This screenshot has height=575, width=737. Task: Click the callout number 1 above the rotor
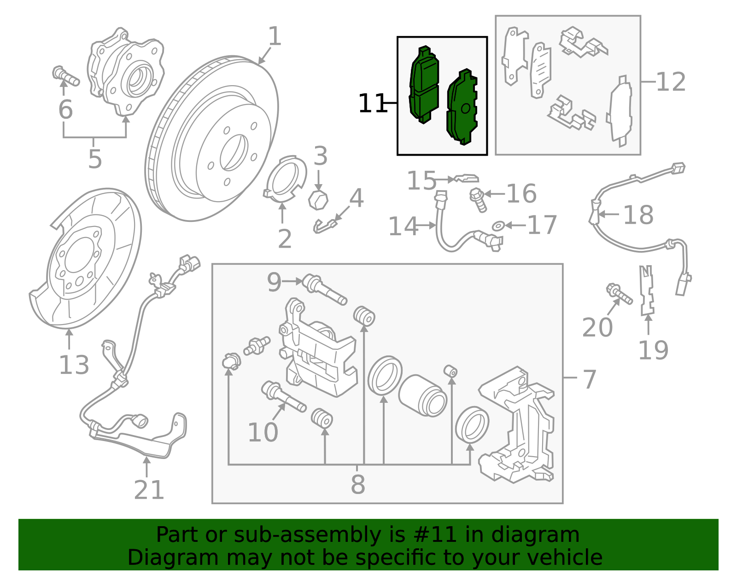pos(274,36)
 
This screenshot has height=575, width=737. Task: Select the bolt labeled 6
pos(66,77)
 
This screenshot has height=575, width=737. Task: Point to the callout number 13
pos(74,365)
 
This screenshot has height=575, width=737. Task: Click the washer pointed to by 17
pos(497,226)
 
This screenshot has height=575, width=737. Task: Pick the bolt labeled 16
pos(478,200)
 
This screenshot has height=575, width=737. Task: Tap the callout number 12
pos(671,82)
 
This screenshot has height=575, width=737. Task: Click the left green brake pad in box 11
pos(424,86)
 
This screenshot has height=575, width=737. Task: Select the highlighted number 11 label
pos(371,104)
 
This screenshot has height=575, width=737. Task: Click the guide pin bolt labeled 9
pos(324,289)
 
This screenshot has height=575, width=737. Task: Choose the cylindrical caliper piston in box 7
pos(422,395)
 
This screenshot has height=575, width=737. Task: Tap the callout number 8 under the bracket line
pos(358,484)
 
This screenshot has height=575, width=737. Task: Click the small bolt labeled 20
pos(619,294)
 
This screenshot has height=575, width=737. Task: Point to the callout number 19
pos(653,350)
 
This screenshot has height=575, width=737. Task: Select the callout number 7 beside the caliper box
pos(590,379)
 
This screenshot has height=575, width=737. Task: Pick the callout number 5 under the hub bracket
pos(95,159)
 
